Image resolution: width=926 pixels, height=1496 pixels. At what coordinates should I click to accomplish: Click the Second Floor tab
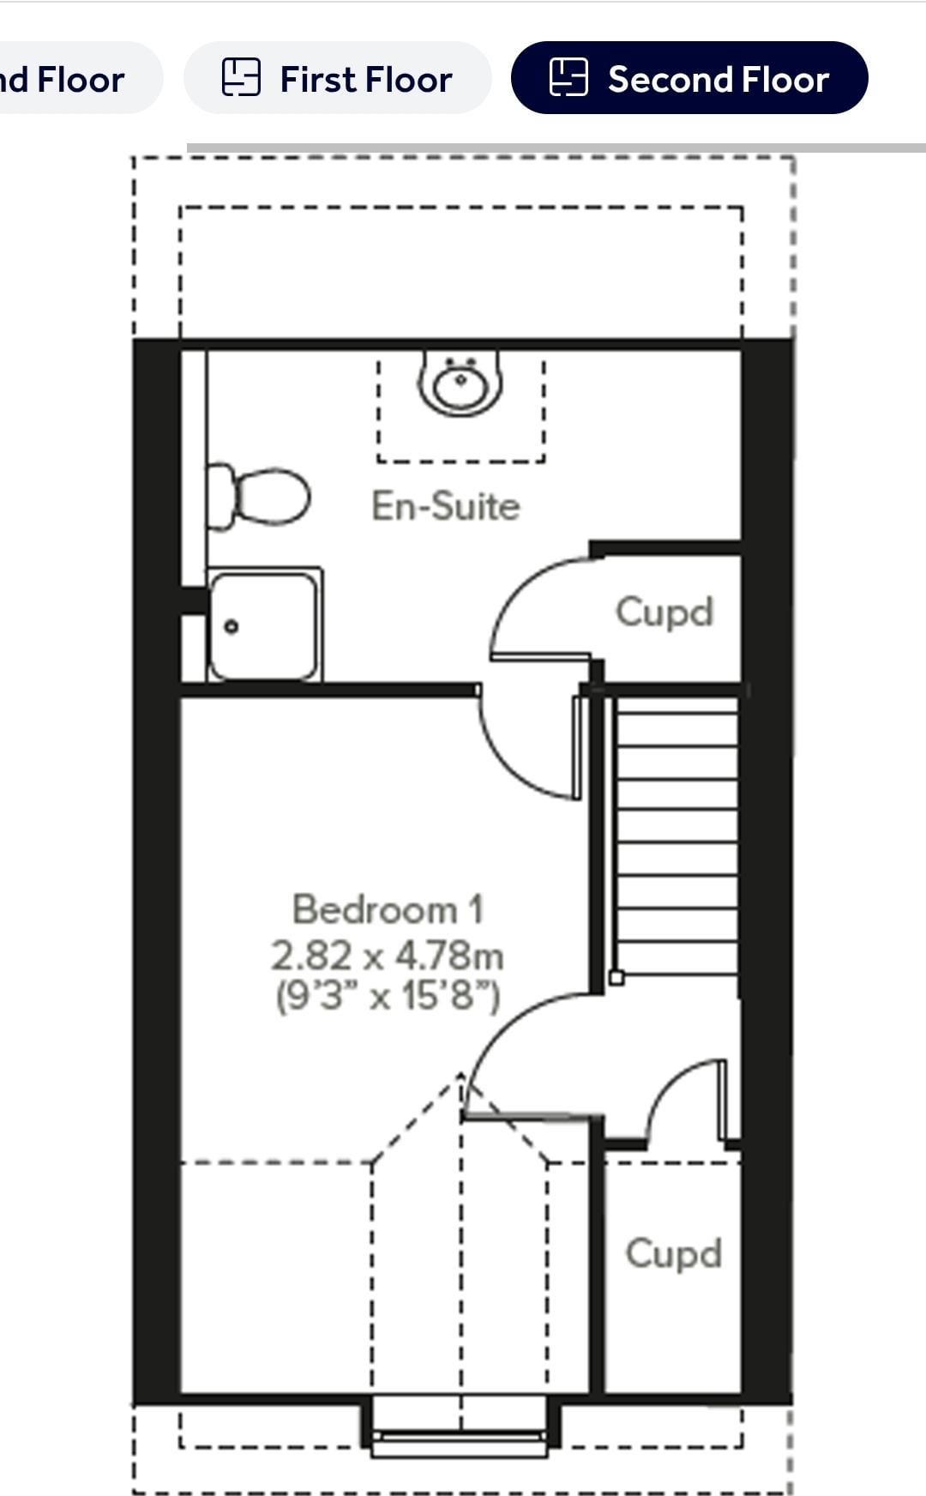(689, 78)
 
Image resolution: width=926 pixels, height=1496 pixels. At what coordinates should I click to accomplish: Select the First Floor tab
(337, 78)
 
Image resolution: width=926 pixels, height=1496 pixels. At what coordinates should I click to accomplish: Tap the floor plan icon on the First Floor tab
(241, 77)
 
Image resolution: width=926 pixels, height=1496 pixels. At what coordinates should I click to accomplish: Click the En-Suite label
(446, 505)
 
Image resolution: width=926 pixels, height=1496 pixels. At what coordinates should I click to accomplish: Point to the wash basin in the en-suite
(460, 383)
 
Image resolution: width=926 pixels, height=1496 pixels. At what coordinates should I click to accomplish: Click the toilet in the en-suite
(258, 496)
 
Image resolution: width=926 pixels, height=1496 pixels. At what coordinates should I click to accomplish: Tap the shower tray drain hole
(231, 627)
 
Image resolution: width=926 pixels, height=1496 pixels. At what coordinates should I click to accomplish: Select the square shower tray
(264, 624)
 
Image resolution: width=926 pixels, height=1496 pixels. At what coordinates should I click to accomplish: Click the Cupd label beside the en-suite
(664, 612)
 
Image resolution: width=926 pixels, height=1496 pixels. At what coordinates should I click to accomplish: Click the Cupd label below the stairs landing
(674, 1254)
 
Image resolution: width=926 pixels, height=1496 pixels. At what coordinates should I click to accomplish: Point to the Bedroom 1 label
(388, 909)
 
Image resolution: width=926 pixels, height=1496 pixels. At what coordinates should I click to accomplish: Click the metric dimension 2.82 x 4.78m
(388, 955)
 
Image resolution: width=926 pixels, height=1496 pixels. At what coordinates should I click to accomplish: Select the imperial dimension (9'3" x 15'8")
(388, 996)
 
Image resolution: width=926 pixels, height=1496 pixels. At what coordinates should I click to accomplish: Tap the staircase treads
(676, 836)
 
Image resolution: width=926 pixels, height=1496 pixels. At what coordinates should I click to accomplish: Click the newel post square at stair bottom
(616, 977)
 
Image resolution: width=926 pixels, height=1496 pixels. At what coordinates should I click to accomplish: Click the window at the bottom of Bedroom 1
(460, 1426)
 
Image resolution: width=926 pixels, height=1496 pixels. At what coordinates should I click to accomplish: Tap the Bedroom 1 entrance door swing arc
(506, 1021)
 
